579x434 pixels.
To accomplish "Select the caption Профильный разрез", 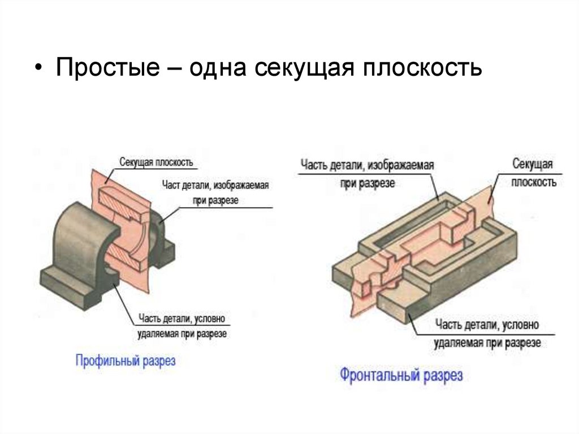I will (126, 361).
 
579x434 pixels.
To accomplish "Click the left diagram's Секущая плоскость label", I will (156, 162).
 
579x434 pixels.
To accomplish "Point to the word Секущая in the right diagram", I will (532, 165).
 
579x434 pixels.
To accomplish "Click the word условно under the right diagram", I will (521, 325).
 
